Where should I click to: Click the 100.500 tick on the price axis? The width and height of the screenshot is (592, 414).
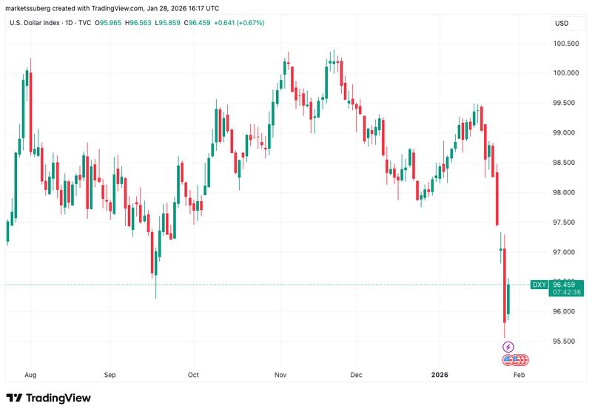566,44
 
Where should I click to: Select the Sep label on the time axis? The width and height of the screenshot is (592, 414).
110,374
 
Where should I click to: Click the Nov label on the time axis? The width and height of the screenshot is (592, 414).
281,374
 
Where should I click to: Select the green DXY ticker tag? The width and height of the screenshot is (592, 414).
539,285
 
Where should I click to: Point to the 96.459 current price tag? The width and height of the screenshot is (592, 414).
567,284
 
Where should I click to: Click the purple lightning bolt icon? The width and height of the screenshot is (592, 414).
508,347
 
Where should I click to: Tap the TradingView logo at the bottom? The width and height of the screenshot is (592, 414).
49,398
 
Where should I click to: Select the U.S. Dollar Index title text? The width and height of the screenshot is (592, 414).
36,23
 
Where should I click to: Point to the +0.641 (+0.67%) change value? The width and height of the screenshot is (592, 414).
240,23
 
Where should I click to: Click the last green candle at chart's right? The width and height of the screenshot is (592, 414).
508,301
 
